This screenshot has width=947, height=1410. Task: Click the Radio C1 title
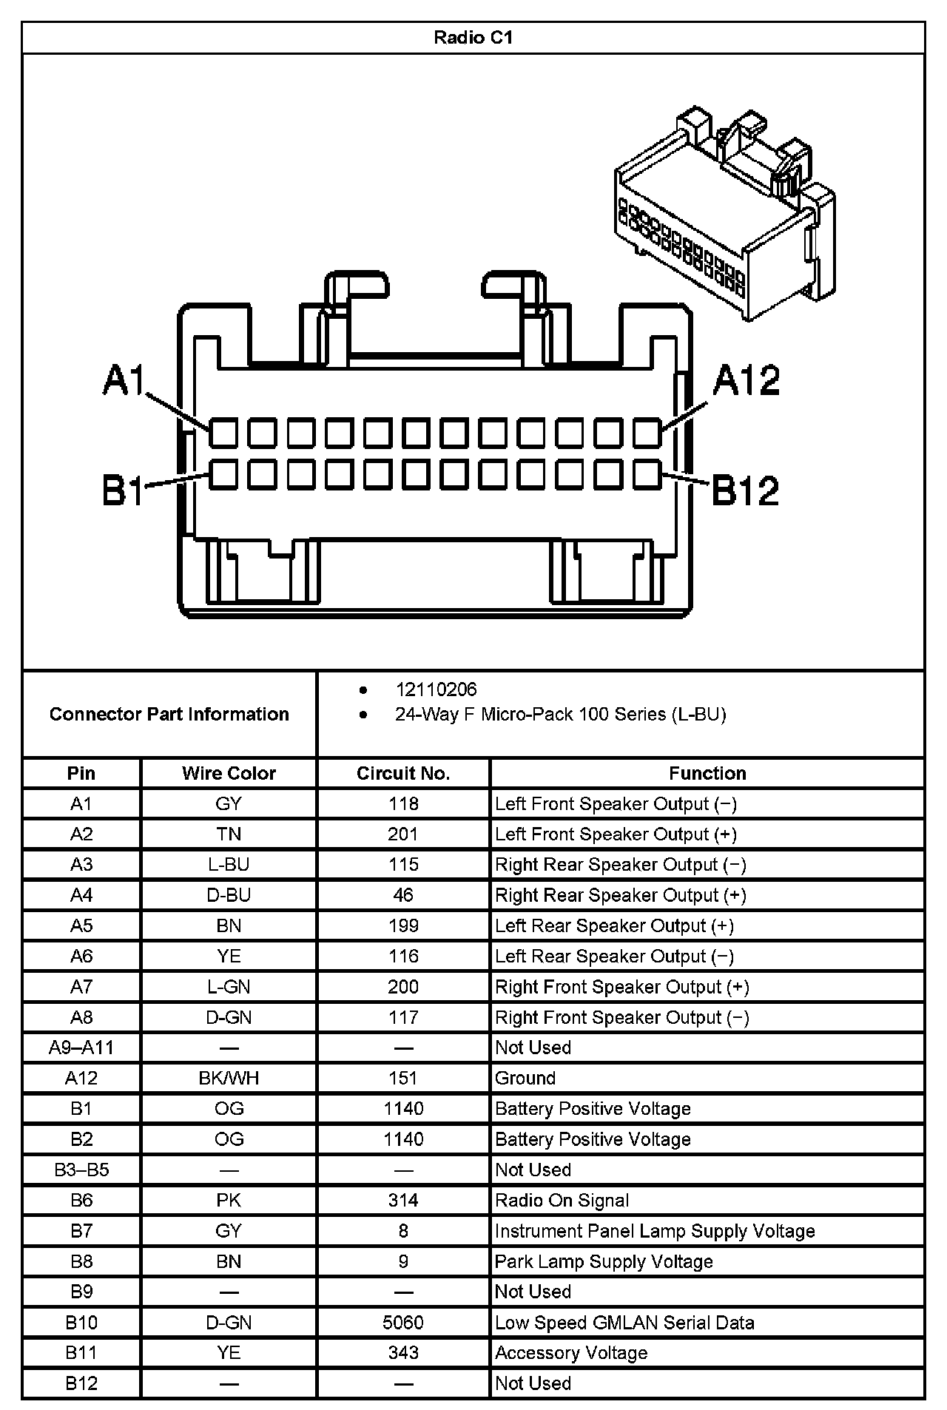point(473,38)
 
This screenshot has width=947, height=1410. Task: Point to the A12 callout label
point(746,380)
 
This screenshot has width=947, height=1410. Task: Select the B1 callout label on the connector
point(123,490)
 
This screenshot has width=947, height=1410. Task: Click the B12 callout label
point(745,490)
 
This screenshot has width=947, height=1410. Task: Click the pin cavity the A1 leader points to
point(223,433)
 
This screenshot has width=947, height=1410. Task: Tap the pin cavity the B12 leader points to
point(647,474)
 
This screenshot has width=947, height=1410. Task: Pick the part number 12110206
point(436,689)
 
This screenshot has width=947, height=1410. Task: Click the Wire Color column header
point(229,773)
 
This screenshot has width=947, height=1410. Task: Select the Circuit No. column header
point(403,773)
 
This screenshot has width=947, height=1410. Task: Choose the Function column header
point(707,773)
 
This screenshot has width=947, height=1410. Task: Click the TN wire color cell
point(229,834)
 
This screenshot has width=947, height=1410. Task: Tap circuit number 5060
point(403,1322)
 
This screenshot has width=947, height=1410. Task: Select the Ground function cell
point(525,1078)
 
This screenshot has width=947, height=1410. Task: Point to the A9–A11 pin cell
point(81,1048)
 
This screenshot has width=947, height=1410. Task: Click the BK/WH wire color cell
point(229,1078)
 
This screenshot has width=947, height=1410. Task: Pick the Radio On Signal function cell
point(562,1200)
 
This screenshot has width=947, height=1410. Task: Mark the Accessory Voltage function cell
point(571,1352)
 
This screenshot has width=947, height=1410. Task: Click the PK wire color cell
point(229,1200)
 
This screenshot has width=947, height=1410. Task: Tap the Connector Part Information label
point(169,714)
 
